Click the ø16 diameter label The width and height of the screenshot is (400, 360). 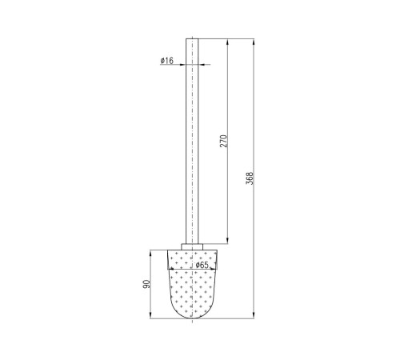tap(167, 61)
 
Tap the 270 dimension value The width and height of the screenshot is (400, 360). tap(223, 142)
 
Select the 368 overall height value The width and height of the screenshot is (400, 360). tap(250, 178)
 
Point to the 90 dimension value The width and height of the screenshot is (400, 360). tap(146, 284)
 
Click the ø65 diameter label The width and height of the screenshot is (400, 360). tap(202, 265)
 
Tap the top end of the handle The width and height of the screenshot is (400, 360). tap(192, 39)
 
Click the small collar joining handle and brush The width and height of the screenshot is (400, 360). tap(192, 246)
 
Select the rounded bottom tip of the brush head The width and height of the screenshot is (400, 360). tap(192, 318)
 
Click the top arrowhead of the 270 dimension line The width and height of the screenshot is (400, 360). tap(227, 42)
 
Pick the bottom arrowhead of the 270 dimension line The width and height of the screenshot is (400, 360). tap(227, 241)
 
